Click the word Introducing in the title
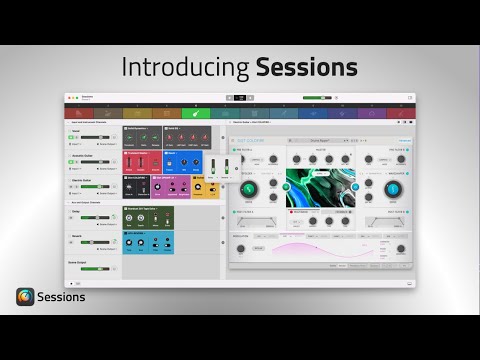click(185, 68)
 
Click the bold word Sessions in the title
click(306, 68)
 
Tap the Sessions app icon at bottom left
click(25, 297)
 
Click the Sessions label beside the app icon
click(62, 297)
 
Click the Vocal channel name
click(75, 130)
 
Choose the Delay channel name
click(75, 212)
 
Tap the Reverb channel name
click(76, 236)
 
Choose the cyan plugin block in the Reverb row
click(148, 241)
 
